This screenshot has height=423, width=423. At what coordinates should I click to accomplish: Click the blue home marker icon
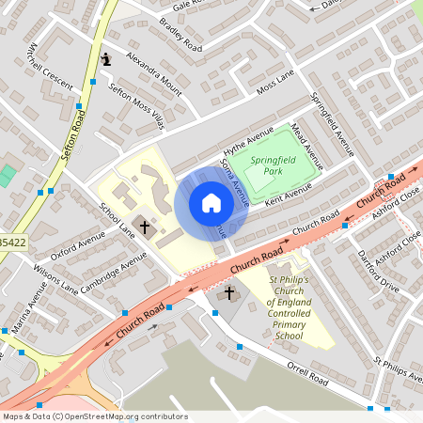click(211, 203)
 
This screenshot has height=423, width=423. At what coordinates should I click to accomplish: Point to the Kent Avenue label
click(288, 195)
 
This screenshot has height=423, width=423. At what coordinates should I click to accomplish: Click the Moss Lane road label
click(275, 86)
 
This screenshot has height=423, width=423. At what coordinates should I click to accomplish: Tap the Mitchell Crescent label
click(49, 65)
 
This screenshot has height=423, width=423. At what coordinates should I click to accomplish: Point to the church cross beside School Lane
click(144, 226)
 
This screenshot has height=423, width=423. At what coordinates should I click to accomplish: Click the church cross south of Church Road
click(227, 294)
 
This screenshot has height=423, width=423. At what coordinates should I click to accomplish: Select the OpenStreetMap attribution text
click(95, 415)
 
